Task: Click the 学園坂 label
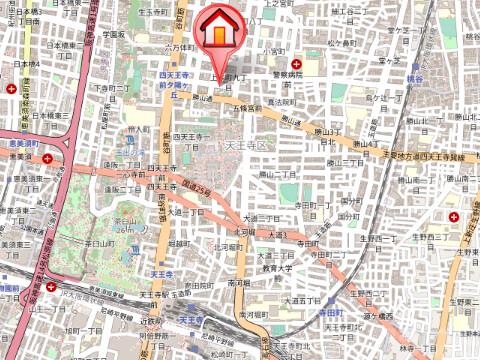pos(112,34)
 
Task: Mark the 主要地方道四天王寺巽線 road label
pos(428,157)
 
